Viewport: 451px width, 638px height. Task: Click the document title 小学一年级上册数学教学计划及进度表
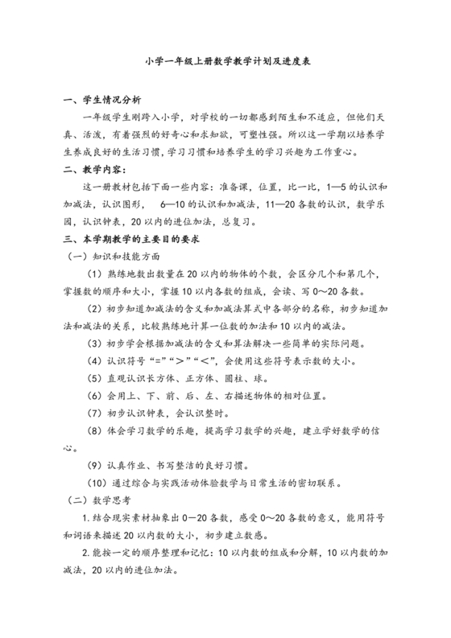(x=225, y=60)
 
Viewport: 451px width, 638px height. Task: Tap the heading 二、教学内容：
(x=94, y=170)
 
